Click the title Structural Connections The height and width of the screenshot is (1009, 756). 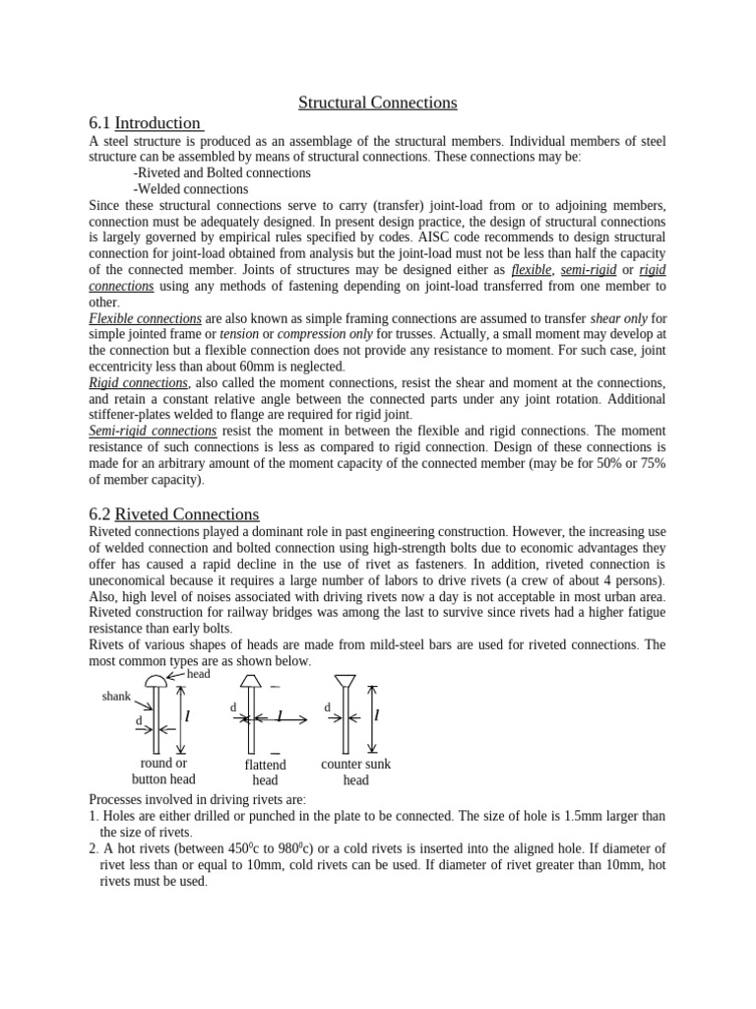click(x=378, y=102)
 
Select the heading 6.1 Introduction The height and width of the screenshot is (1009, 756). click(x=145, y=123)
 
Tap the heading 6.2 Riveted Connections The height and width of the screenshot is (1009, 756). click(x=173, y=514)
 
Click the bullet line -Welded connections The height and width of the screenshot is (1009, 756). click(x=190, y=189)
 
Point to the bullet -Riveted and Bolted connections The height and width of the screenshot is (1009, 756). click(x=221, y=172)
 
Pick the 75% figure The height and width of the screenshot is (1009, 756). click(x=650, y=464)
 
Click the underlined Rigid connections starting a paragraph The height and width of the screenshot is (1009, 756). click(x=138, y=382)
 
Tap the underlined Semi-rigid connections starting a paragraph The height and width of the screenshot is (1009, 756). click(x=153, y=432)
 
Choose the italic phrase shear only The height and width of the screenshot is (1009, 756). click(x=618, y=319)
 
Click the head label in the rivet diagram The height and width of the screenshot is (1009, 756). click(x=199, y=674)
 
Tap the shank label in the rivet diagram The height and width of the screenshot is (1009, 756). click(x=116, y=697)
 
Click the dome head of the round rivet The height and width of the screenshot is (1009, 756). click(x=157, y=682)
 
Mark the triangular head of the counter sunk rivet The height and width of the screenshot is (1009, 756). click(x=346, y=681)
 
